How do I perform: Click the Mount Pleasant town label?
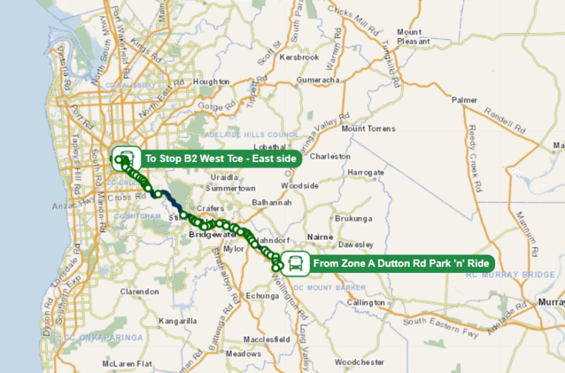[x=413, y=37]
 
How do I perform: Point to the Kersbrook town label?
[x=299, y=57]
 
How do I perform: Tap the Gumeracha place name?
[x=318, y=79]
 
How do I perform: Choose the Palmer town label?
[x=465, y=99]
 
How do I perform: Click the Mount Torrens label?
[x=369, y=129]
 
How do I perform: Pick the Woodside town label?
[x=299, y=185]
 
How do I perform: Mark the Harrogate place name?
[x=366, y=173]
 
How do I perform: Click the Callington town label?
[x=366, y=302]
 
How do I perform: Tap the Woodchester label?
[x=359, y=362]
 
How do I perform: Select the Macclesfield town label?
[x=267, y=339]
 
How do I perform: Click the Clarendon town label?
[x=140, y=291]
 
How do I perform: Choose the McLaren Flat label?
[x=127, y=363]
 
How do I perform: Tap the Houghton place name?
[x=211, y=82]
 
